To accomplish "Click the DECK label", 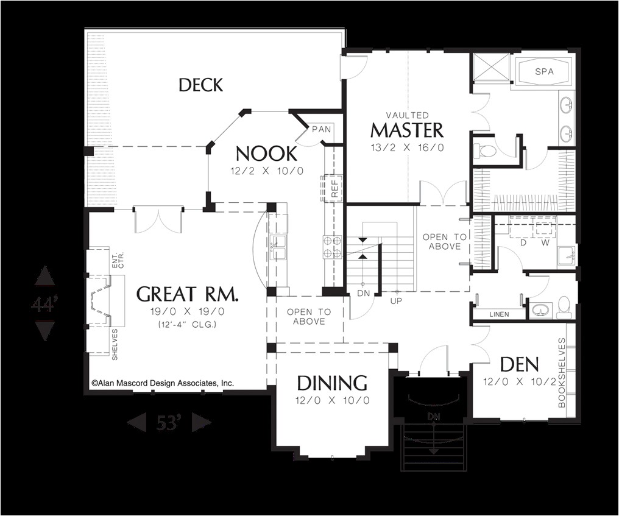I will pos(200,85).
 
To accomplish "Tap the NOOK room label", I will pos(266,153).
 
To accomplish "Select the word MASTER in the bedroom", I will pos(407,130).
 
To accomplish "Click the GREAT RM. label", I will pos(187,294).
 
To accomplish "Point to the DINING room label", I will pos(332,383).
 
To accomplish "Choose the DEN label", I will pos(519,365).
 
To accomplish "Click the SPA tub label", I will pos(544,71).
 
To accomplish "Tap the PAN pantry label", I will pos(321,129).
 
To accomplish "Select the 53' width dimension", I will pos(169,422).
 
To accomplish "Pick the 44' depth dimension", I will pos(44,303).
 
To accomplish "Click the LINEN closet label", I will pos(500,314).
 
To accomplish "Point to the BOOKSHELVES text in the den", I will pos(562,373).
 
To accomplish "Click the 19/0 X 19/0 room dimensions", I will pos(186,312).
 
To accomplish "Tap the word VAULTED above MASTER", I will pos(407,115).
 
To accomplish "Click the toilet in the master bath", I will pos(486,150).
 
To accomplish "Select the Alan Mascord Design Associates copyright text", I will pos(163,383).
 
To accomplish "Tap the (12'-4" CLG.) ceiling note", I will pos(186,324).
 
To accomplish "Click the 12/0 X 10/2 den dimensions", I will pos(519,381).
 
